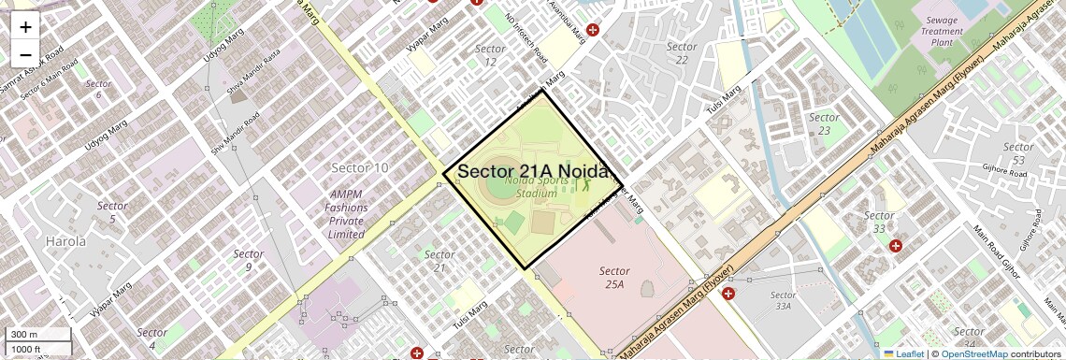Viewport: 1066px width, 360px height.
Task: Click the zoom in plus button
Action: (25, 27)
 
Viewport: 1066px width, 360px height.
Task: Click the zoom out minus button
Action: (25, 55)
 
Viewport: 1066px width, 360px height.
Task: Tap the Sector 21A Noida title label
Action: (540, 171)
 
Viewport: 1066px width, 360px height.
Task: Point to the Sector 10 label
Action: (359, 167)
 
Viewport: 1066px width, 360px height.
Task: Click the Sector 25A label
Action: (614, 277)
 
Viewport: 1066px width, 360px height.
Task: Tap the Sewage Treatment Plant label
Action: (942, 31)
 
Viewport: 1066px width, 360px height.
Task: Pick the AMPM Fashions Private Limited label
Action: (345, 214)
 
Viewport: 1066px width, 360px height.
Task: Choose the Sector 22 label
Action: (682, 53)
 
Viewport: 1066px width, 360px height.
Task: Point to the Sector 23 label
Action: (824, 123)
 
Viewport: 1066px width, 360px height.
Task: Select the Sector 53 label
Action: (1018, 154)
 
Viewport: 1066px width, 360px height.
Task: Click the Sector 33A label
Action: (784, 299)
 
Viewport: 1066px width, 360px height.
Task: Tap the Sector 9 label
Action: (248, 260)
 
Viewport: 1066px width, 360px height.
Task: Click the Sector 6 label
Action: (98, 90)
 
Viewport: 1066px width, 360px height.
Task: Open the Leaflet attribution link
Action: (903, 353)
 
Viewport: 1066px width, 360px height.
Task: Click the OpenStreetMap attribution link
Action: (973, 353)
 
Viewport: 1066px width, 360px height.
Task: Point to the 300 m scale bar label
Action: (23, 335)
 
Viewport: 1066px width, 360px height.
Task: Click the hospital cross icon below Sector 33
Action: (896, 246)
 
